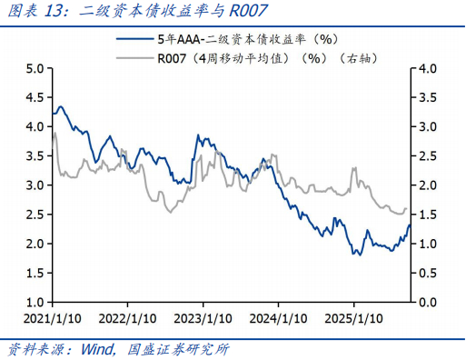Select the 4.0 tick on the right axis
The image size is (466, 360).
click(x=428, y=69)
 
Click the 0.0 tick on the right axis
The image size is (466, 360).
click(x=428, y=302)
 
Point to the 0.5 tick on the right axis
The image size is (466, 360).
click(x=428, y=273)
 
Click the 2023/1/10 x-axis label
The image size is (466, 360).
click(x=202, y=319)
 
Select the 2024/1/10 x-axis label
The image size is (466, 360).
click(x=278, y=319)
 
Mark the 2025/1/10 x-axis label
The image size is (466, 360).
click(x=353, y=319)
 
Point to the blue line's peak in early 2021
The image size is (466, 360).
click(x=60, y=107)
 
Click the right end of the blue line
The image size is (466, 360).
click(x=410, y=225)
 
